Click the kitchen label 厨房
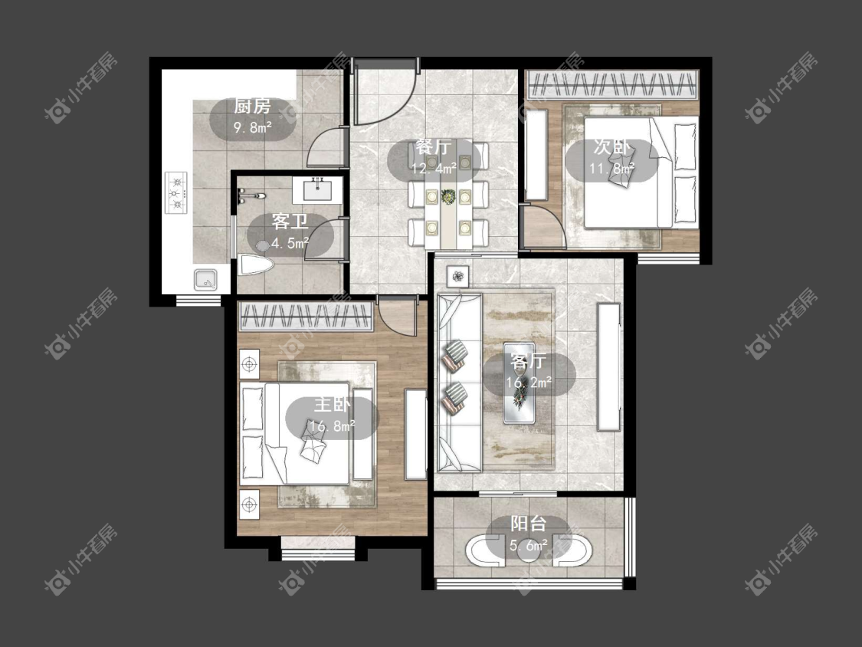[252, 107]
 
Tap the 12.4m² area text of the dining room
[434, 168]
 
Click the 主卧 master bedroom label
[332, 405]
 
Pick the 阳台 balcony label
[528, 524]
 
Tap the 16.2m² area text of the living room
[529, 382]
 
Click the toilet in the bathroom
[256, 265]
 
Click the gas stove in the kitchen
[176, 193]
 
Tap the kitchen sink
[205, 280]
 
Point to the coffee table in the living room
[519, 383]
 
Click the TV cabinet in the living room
[608, 367]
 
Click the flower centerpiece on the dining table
[448, 195]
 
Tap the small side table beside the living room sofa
[457, 276]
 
